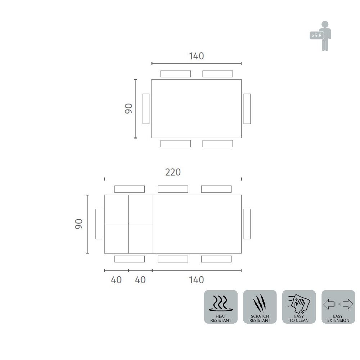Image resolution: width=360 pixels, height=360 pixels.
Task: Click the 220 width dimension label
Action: [x=173, y=172]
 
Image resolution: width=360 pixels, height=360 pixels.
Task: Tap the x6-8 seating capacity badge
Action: [x=316, y=35]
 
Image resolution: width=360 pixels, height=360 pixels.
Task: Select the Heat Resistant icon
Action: [x=221, y=307]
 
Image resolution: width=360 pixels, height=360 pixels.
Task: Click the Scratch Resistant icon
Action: [x=260, y=307]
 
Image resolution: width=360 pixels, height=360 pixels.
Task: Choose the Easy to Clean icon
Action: [x=299, y=307]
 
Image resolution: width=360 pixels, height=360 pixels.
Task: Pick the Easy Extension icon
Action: [x=338, y=307]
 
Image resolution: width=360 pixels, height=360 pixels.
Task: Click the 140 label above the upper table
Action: [x=196, y=56]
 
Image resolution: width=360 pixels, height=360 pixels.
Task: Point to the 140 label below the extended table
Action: [x=196, y=280]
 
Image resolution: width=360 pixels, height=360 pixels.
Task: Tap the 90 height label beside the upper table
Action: [x=129, y=109]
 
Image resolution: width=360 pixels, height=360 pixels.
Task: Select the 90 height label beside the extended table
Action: [x=78, y=224]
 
